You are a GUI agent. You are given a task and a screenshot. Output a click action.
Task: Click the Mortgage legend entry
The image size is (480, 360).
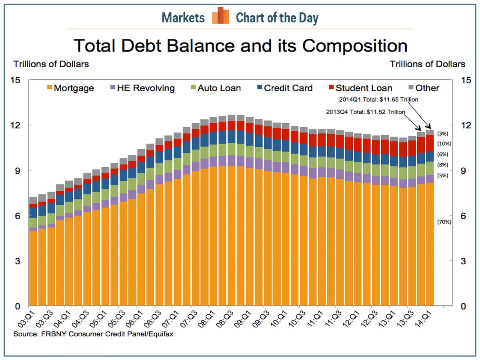point(70,88)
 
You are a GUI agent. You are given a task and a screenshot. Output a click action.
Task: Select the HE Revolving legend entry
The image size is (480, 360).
point(142,88)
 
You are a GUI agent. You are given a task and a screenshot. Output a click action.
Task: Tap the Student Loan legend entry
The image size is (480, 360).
point(360,88)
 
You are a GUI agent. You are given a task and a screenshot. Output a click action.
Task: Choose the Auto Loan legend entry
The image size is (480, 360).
point(214,88)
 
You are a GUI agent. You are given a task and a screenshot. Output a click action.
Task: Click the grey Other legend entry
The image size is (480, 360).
point(422,88)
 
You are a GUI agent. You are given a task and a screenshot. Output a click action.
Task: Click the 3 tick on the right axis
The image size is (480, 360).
point(462,261)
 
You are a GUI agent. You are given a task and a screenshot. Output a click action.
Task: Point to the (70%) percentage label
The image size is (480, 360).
point(444,222)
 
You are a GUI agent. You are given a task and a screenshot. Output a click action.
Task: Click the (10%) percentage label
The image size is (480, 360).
point(444,144)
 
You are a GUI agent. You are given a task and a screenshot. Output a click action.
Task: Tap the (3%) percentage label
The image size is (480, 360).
point(443,134)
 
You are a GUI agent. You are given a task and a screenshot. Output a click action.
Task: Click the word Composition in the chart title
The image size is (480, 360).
point(355,46)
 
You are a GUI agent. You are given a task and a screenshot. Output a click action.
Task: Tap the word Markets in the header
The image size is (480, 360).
point(183,18)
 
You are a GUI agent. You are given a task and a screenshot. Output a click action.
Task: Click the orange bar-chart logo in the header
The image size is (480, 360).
point(220,16)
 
